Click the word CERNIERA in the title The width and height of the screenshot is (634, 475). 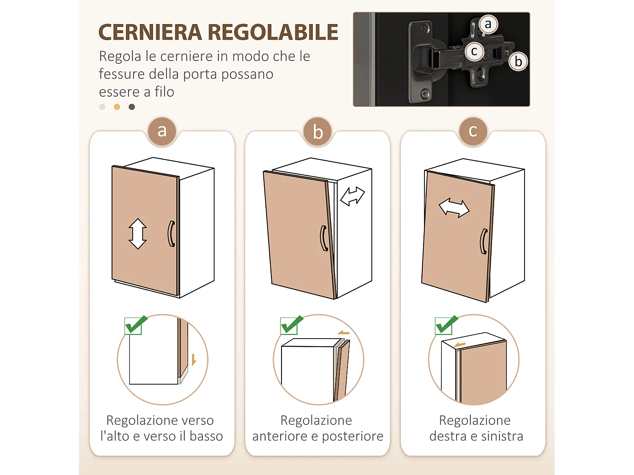[150, 33]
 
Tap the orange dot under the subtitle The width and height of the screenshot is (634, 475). [117, 107]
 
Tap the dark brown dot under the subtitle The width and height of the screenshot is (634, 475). [132, 107]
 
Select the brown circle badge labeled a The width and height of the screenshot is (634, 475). [162, 131]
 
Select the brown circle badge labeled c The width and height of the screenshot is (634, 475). [473, 131]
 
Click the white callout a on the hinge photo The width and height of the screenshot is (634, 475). [488, 24]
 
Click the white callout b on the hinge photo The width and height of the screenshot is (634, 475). [518, 62]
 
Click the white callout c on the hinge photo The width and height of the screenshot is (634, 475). [474, 52]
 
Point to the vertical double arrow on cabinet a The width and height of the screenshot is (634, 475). [138, 233]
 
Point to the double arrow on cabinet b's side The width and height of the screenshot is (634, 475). [353, 196]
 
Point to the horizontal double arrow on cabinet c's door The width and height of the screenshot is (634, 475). [454, 208]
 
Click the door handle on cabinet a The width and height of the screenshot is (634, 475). [171, 233]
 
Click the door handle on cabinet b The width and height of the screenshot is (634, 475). [324, 239]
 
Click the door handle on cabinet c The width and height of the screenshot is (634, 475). [484, 242]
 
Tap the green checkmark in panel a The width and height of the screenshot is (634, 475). [135, 325]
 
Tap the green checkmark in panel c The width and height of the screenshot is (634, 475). [446, 325]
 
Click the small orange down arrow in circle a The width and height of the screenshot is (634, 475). [194, 360]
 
